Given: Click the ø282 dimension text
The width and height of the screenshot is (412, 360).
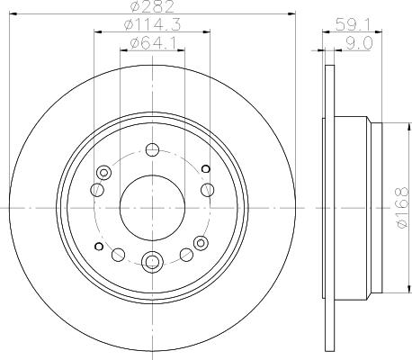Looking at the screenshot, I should coord(150,8).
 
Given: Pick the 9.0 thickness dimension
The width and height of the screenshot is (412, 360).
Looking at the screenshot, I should coord(345,44).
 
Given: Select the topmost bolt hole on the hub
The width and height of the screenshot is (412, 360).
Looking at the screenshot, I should coord(151,150).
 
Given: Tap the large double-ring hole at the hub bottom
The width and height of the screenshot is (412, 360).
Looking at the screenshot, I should coord(151,264).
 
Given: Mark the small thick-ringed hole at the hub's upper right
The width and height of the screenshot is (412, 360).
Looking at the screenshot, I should coord(205,168).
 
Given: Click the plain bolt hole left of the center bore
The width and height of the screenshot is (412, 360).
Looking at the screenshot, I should coord(96,190).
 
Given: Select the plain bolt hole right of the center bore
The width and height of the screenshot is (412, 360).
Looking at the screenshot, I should coord(207,189).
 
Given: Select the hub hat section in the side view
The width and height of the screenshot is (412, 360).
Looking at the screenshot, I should coord(355,207).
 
